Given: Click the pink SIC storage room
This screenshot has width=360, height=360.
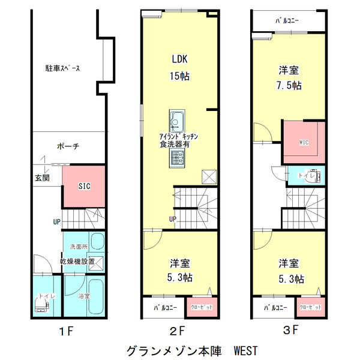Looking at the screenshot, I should (x=85, y=186).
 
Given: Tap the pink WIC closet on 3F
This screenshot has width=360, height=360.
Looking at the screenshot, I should (x=303, y=142).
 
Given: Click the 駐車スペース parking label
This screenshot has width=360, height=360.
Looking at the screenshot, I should (x=63, y=68).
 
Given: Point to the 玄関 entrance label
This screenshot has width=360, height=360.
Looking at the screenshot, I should (x=42, y=178).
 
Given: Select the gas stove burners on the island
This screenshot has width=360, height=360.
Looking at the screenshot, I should (x=178, y=158).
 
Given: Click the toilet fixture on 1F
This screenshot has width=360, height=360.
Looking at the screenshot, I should (x=41, y=306).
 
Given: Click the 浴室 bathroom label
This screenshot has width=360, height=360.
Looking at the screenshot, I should (x=83, y=296).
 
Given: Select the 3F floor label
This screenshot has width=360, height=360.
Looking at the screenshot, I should (x=290, y=330).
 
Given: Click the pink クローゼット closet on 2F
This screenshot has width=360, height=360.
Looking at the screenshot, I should (x=200, y=307).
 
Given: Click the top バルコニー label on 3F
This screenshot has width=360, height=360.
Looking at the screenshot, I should (x=287, y=20).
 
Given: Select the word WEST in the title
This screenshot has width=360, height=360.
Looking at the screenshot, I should (x=246, y=350).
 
